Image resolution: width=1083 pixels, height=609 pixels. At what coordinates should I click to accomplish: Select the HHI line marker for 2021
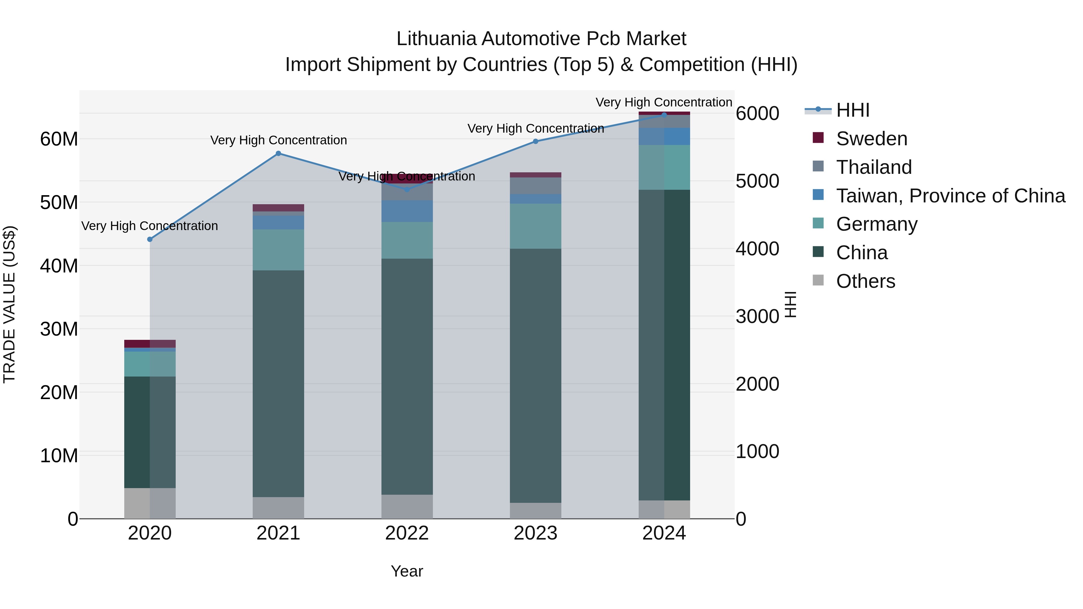click(x=278, y=153)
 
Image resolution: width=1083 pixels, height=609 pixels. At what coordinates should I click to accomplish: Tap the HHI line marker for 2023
click(x=535, y=142)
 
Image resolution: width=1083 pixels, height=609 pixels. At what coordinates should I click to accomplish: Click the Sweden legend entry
click(x=871, y=139)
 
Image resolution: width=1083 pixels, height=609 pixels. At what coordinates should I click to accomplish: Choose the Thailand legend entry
click(x=874, y=167)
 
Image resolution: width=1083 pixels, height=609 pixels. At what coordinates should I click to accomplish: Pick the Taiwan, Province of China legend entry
click(x=950, y=196)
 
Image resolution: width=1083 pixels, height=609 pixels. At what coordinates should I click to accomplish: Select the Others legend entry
click(x=865, y=281)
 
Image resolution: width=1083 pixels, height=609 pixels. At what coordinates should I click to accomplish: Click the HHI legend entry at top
click(x=852, y=110)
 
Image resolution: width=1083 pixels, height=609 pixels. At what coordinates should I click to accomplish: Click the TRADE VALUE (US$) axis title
click(x=9, y=304)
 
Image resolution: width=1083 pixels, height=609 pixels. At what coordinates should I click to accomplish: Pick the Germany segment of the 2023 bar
click(x=535, y=226)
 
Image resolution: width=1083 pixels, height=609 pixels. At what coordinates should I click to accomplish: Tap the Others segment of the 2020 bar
click(x=150, y=503)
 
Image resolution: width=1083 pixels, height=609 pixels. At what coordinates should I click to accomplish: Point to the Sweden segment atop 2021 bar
click(x=278, y=208)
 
